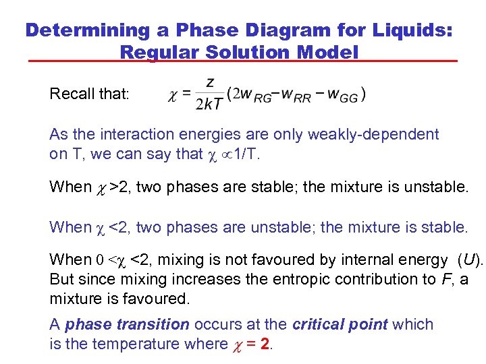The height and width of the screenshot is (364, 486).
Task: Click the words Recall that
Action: (88, 94)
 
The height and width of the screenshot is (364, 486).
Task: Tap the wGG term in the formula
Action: (342, 95)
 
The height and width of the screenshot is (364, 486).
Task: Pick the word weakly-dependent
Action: (373, 135)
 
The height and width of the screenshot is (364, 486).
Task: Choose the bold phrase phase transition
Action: (127, 324)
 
